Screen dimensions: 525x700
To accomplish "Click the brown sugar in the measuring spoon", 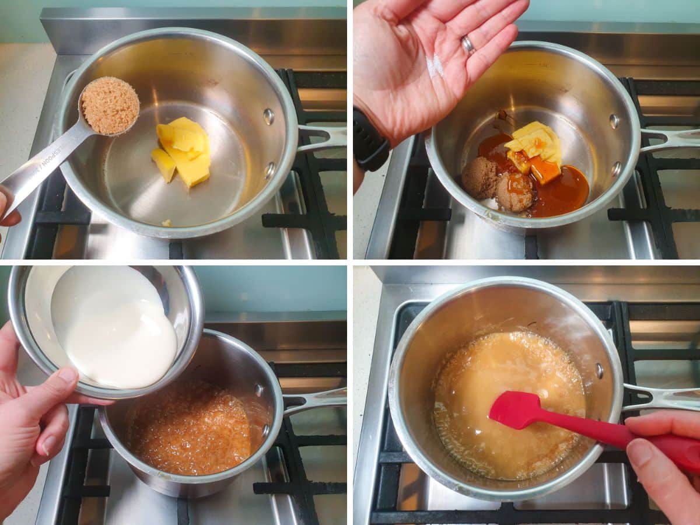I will coord(110,106).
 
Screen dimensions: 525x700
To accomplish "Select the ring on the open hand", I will coord(468,44).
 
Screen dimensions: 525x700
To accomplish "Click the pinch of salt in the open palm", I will coord(435,66).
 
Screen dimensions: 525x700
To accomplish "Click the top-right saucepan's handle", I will coord(671,139).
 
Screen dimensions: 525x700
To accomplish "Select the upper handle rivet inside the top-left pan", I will coord(268,116).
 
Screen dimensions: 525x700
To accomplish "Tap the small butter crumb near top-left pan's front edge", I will coord(167,223).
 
